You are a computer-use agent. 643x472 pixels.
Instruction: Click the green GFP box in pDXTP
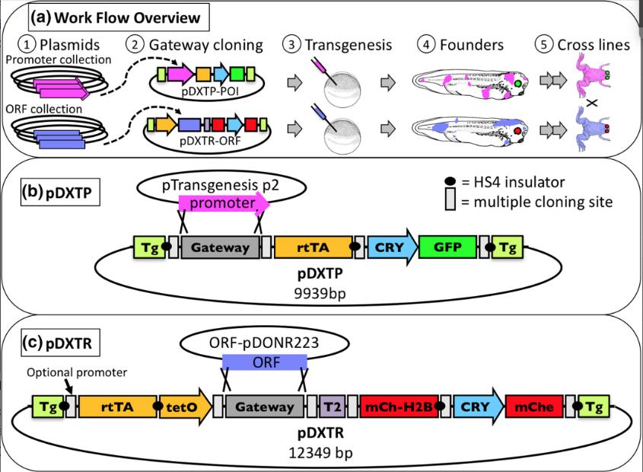tap(447, 247)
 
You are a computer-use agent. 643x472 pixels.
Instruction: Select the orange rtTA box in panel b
tap(314, 247)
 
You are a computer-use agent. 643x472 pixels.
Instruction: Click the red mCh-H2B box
tap(401, 407)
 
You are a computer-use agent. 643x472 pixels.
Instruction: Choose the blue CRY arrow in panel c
tap(479, 407)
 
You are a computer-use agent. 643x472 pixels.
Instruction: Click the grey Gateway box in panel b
tap(220, 247)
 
